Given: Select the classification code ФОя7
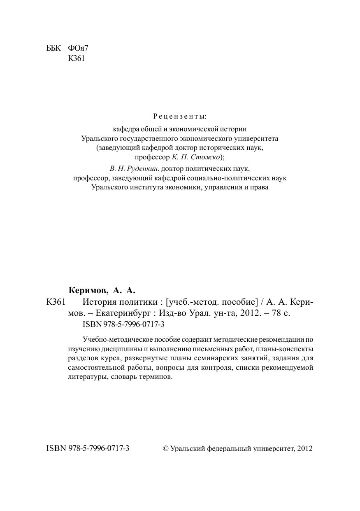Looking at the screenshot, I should tap(78, 48).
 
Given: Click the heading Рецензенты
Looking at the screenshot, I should tap(179, 117).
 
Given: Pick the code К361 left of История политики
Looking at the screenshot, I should tap(56, 302).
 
